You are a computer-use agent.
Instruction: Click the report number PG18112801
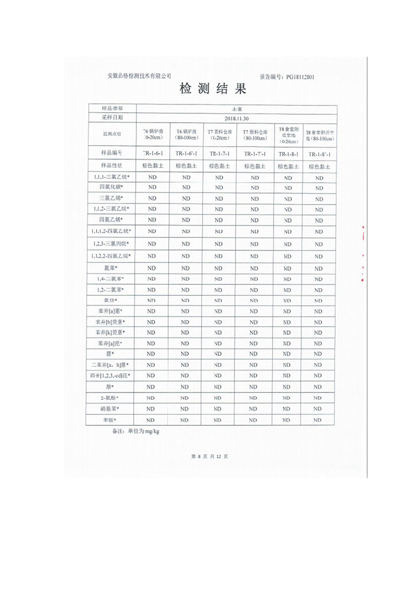[287, 76]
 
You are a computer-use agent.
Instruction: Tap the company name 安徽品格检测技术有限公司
[139, 76]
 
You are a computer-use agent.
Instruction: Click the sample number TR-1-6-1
[152, 154]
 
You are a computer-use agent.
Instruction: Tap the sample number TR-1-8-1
[288, 154]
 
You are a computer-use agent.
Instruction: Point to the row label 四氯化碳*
[111, 187]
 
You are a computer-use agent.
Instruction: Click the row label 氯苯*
[111, 268]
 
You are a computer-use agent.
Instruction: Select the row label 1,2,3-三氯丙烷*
[111, 244]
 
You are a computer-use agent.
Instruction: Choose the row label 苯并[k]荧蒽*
[111, 332]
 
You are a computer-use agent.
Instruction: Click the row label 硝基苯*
[111, 409]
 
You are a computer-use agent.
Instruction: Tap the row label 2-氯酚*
[111, 398]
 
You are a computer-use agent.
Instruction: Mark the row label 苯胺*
[111, 420]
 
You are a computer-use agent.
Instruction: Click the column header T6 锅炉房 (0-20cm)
[152, 134]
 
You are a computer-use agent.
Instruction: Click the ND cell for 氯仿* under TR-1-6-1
[152, 300]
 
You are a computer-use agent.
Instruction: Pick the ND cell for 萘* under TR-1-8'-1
[319, 387]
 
